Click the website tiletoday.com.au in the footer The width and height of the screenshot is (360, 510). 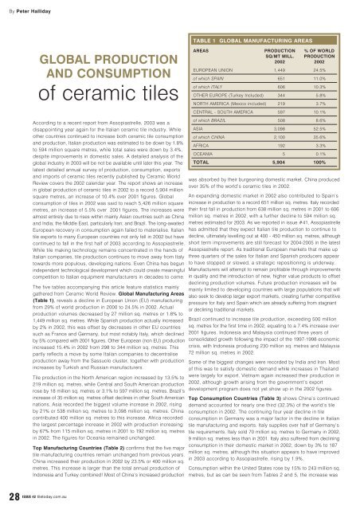point(63,497)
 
